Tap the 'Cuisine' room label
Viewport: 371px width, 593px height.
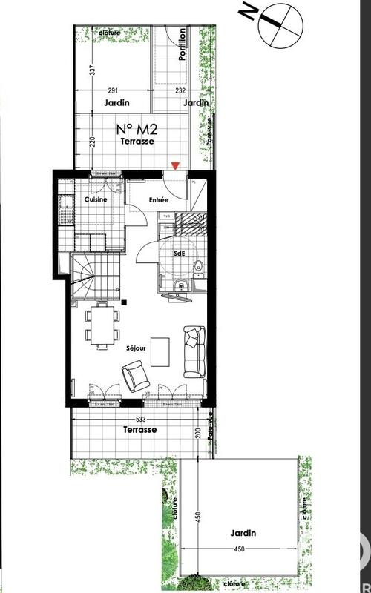pyautogui.click(x=96, y=200)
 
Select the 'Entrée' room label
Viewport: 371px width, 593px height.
pyautogui.click(x=160, y=200)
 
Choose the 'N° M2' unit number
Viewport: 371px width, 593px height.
pyautogui.click(x=135, y=128)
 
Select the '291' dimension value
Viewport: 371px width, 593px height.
pyautogui.click(x=112, y=90)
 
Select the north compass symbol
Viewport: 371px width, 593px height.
pyautogui.click(x=278, y=23)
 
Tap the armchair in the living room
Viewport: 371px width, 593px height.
pyautogui.click(x=135, y=374)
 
